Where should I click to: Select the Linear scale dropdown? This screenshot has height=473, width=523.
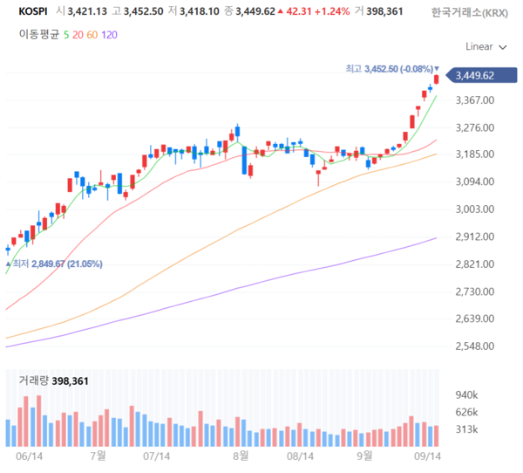[x=485, y=47]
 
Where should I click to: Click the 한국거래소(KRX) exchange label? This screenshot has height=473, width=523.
[x=470, y=13]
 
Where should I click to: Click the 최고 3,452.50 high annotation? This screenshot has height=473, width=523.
[x=389, y=67]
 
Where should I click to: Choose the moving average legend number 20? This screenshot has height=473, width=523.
[x=78, y=35]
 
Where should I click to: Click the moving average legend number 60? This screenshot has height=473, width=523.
[x=92, y=35]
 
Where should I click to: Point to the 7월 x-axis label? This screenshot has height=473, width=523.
[x=97, y=455]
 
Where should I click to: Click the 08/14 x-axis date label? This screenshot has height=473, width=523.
[x=300, y=455]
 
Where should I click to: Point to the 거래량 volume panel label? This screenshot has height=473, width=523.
[x=34, y=380]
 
